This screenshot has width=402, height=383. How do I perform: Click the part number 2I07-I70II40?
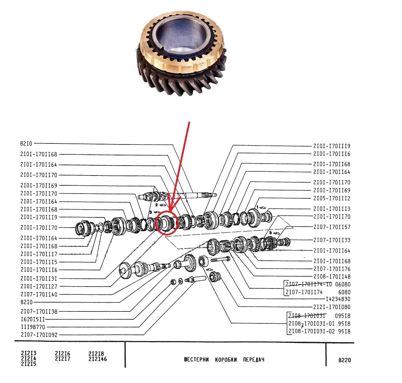tap(39, 294)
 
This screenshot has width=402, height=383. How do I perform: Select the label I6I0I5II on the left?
tap(32, 320)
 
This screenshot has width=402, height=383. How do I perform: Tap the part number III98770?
tap(32, 327)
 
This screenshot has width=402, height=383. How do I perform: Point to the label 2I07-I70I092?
tap(39, 335)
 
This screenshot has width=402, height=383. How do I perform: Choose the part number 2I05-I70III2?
tap(331, 198)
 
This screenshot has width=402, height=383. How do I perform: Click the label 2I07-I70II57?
tap(331, 227)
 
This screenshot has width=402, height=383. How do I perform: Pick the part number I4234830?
tap(338, 299)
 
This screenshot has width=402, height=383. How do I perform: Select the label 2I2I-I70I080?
tap(331, 307)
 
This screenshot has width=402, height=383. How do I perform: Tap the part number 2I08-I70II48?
tap(331, 277)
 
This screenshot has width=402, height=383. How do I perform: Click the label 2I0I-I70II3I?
tap(39, 278)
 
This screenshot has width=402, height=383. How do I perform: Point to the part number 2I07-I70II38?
tap(39, 311)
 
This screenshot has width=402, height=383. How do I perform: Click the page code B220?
tap(344, 360)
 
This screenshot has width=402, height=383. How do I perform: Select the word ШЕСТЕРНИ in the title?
tap(196, 360)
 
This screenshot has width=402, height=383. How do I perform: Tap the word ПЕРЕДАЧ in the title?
tap(253, 360)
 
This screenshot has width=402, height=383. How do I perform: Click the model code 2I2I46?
tap(97, 359)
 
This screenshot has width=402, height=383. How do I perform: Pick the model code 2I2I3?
tap(29, 354)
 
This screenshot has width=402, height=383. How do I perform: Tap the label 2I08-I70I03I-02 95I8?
tap(319, 331)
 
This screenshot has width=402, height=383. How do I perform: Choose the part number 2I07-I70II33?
tap(331, 240)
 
